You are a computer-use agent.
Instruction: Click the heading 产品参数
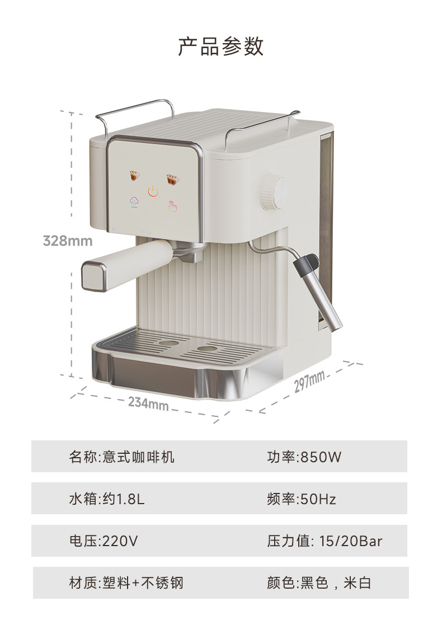[x=220, y=46]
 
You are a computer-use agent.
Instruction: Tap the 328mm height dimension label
[x=68, y=241]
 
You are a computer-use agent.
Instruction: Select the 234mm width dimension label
[x=148, y=402]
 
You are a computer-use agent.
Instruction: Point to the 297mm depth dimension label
[x=309, y=381]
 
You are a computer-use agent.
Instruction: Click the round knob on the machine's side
[x=272, y=192]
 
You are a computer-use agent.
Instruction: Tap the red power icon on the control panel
[x=153, y=191]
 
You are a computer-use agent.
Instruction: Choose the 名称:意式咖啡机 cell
[x=122, y=457]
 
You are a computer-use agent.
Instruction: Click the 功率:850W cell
[x=304, y=457]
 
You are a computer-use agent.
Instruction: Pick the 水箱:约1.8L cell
[x=107, y=499]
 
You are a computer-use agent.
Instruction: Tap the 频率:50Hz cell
[x=302, y=499]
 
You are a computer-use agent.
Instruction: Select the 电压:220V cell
[x=104, y=541]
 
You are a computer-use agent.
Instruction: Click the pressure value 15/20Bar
[x=351, y=541]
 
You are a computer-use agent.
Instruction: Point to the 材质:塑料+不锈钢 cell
[x=126, y=583]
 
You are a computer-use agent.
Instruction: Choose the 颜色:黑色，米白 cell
[x=319, y=583]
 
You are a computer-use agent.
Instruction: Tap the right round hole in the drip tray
[x=206, y=349]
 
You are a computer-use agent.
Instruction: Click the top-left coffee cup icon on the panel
[x=135, y=176]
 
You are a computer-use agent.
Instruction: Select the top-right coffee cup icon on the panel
[x=171, y=179]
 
